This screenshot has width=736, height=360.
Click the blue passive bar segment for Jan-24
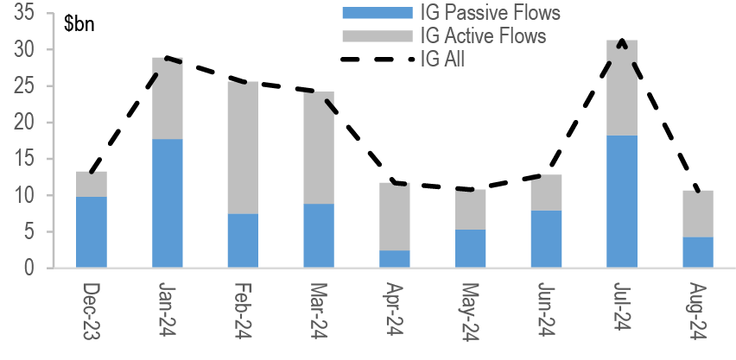167,203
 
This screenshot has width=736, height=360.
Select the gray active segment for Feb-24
243,148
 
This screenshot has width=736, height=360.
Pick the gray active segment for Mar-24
319,148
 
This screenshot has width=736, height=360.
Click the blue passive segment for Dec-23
91,232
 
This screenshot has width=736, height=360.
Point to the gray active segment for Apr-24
395,217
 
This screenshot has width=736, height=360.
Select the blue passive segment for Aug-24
698,252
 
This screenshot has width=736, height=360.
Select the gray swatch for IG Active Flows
377,35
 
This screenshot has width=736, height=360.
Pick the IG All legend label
442,59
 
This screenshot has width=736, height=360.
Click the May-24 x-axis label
470,313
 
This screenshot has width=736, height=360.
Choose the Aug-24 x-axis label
698,313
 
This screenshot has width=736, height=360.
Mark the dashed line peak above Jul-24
622,41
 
